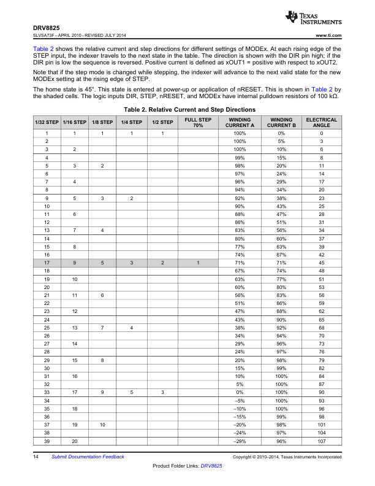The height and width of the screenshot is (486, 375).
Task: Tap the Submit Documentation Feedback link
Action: click(x=88, y=457)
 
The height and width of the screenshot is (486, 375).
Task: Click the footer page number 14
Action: click(x=37, y=457)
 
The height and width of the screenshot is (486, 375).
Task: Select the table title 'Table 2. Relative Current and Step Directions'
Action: click(x=189, y=110)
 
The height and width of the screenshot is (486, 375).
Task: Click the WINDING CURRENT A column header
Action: click(x=240, y=123)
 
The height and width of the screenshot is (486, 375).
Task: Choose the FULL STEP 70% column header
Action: click(x=198, y=123)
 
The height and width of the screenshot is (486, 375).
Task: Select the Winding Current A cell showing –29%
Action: click(x=240, y=442)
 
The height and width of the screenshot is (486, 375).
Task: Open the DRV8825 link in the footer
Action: click(x=211, y=466)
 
